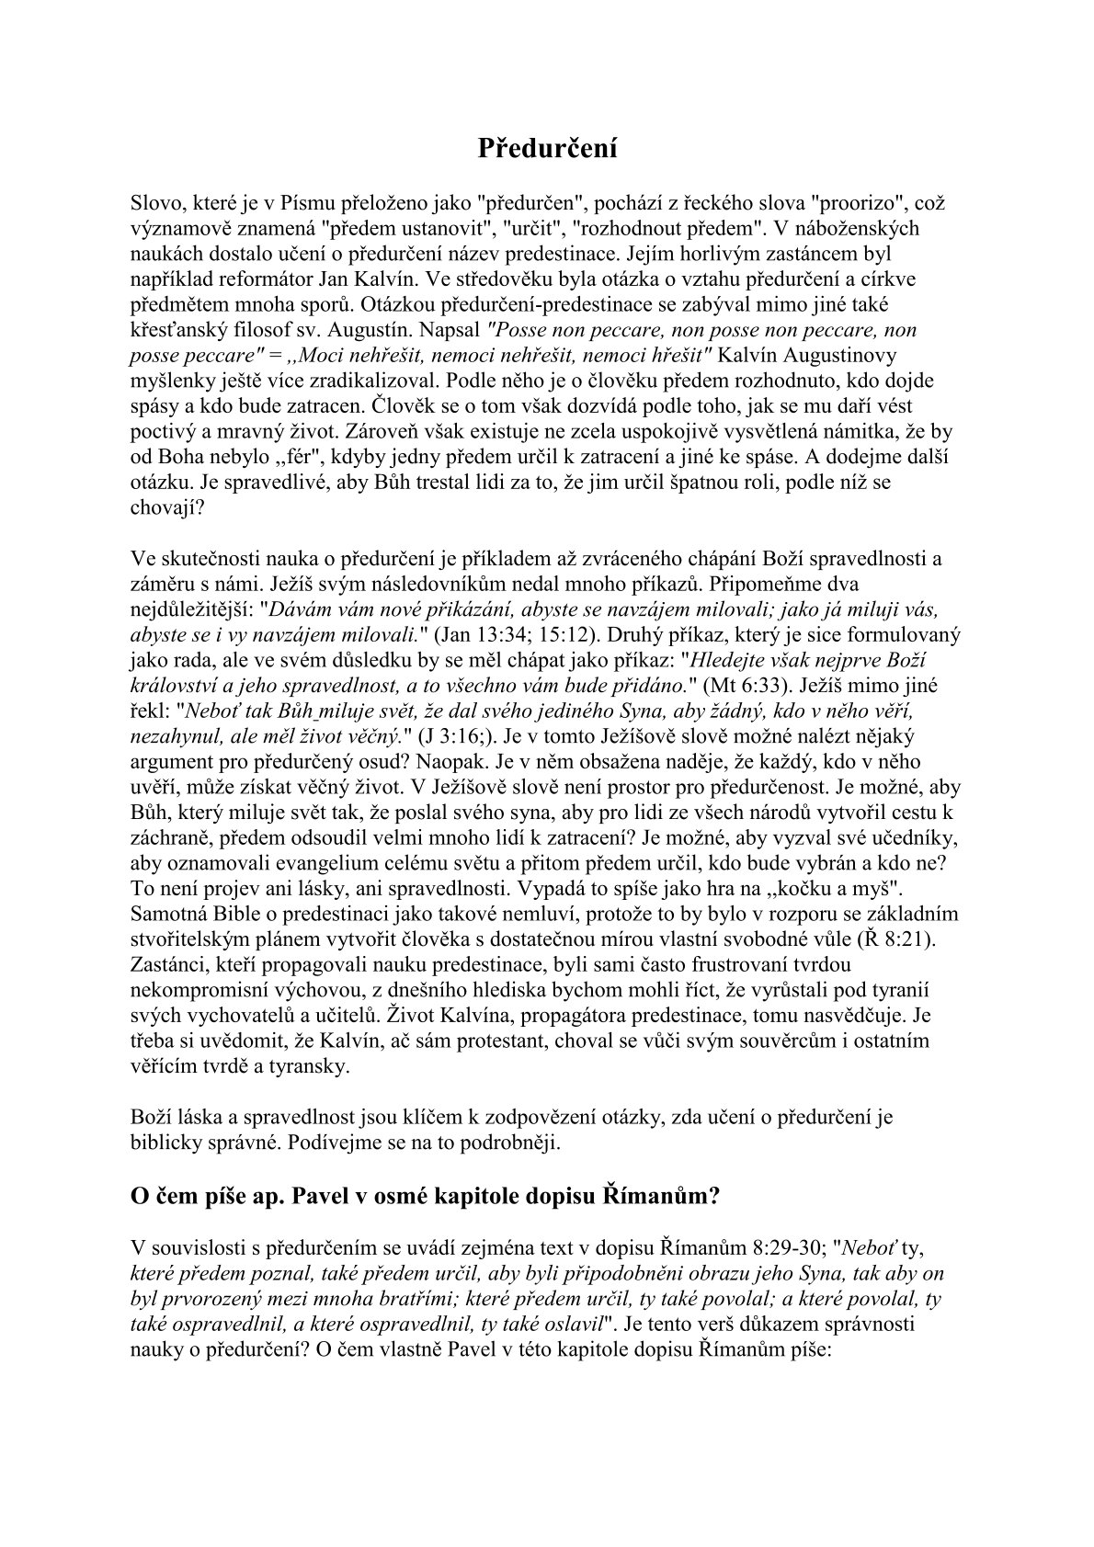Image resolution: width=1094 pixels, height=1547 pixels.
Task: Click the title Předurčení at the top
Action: pyautogui.click(x=547, y=148)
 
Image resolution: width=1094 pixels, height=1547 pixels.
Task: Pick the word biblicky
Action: pyautogui.click(x=172, y=1143)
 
